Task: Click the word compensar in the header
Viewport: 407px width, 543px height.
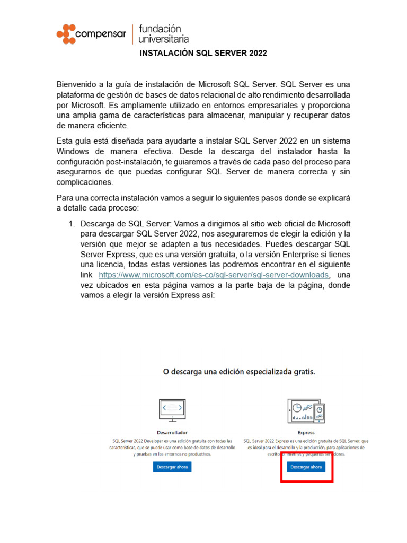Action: (101, 36)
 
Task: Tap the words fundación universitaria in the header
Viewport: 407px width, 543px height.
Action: (163, 33)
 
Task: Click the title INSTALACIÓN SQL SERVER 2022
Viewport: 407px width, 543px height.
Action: (203, 54)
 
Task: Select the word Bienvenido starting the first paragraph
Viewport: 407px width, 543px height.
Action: (78, 84)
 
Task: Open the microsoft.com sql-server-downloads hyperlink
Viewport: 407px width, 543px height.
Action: (214, 275)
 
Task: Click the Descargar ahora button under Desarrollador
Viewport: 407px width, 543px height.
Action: (172, 467)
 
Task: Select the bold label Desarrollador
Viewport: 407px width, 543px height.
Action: (172, 433)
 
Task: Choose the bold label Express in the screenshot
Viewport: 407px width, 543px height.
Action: (306, 433)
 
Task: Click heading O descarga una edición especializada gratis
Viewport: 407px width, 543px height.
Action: (238, 371)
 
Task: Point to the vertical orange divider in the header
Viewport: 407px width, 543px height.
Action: (132, 34)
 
